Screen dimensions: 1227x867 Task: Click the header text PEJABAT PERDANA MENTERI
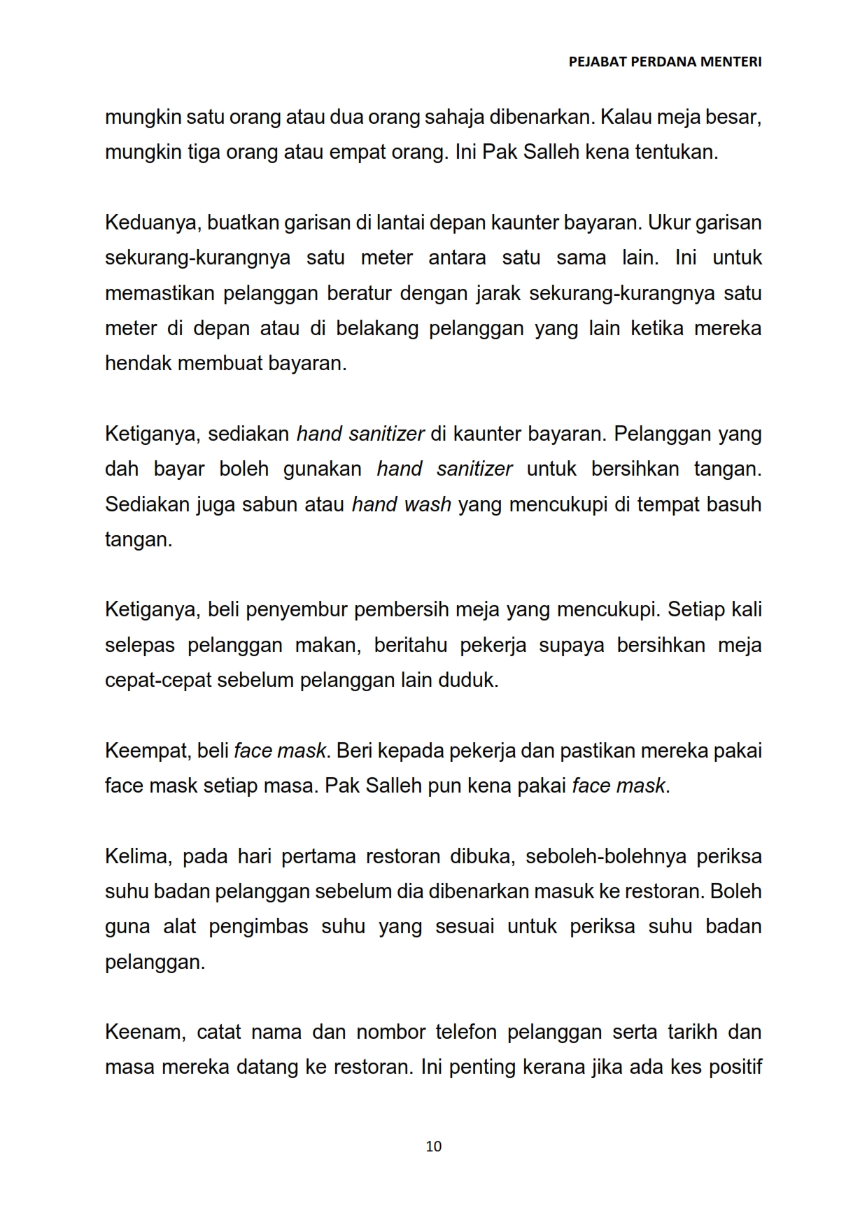tap(665, 62)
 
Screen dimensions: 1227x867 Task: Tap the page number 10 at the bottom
tap(433, 1146)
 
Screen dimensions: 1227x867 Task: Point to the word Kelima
tap(136, 856)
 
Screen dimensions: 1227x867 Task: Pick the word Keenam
tap(143, 1032)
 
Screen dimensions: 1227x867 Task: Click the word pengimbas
tap(258, 927)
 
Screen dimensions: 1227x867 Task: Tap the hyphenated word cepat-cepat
tap(157, 680)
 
